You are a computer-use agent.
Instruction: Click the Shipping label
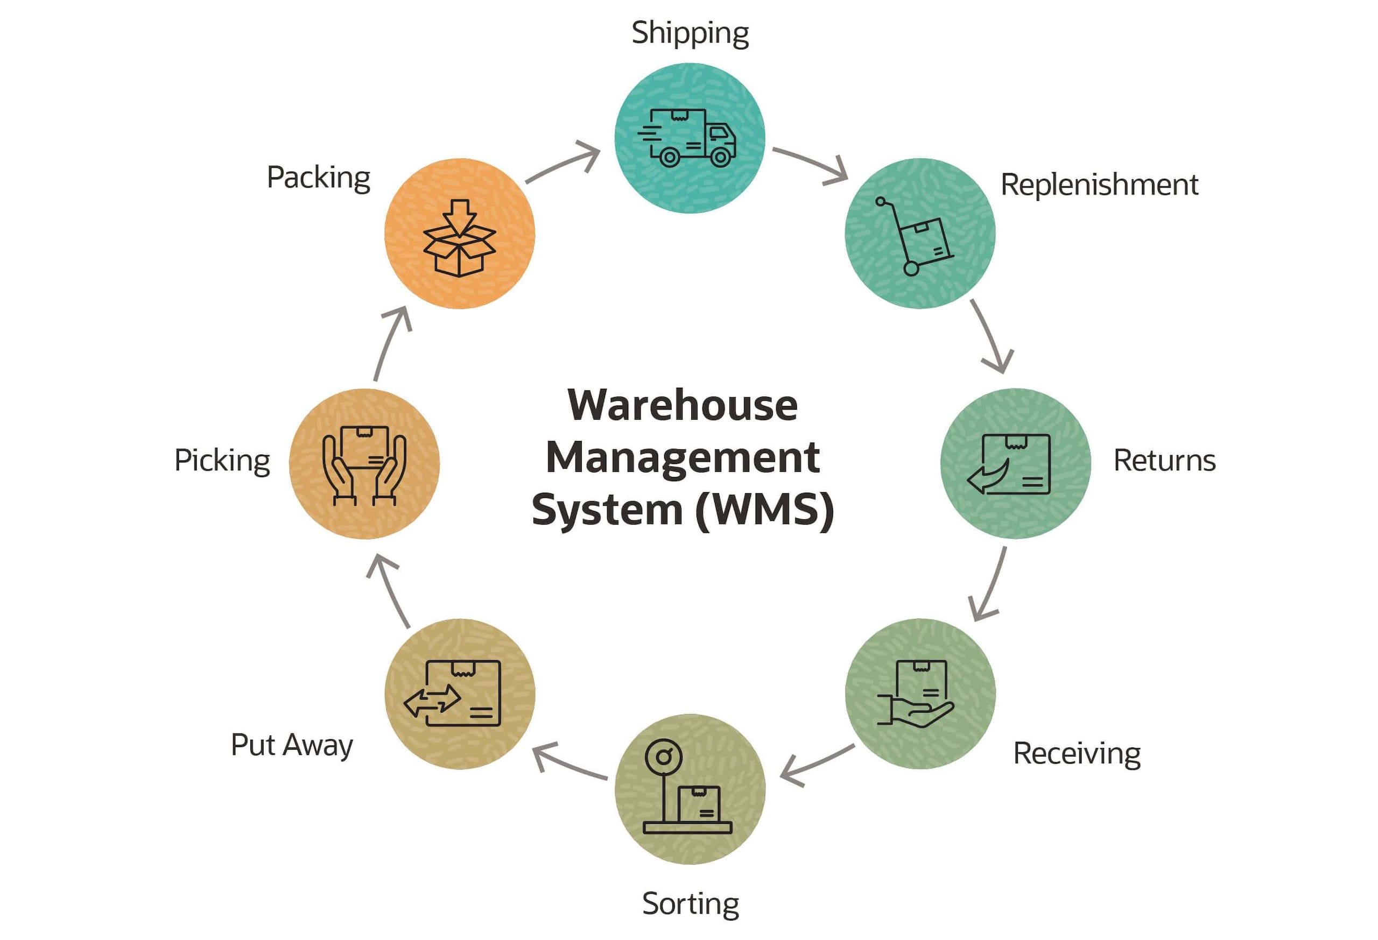(690, 33)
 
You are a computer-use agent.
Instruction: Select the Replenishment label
(1099, 185)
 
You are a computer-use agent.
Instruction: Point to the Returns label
(1164, 461)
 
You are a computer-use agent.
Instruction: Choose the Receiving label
(1076, 754)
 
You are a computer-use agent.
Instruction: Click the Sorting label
(690, 904)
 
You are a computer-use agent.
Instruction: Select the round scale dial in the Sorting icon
(664, 757)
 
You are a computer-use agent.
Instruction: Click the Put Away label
(292, 745)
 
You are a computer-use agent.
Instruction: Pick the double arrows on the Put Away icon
(432, 701)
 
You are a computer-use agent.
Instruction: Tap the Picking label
(222, 461)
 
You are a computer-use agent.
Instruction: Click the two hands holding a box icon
(364, 466)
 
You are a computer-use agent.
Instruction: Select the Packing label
(319, 178)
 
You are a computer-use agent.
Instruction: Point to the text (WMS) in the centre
(765, 510)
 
